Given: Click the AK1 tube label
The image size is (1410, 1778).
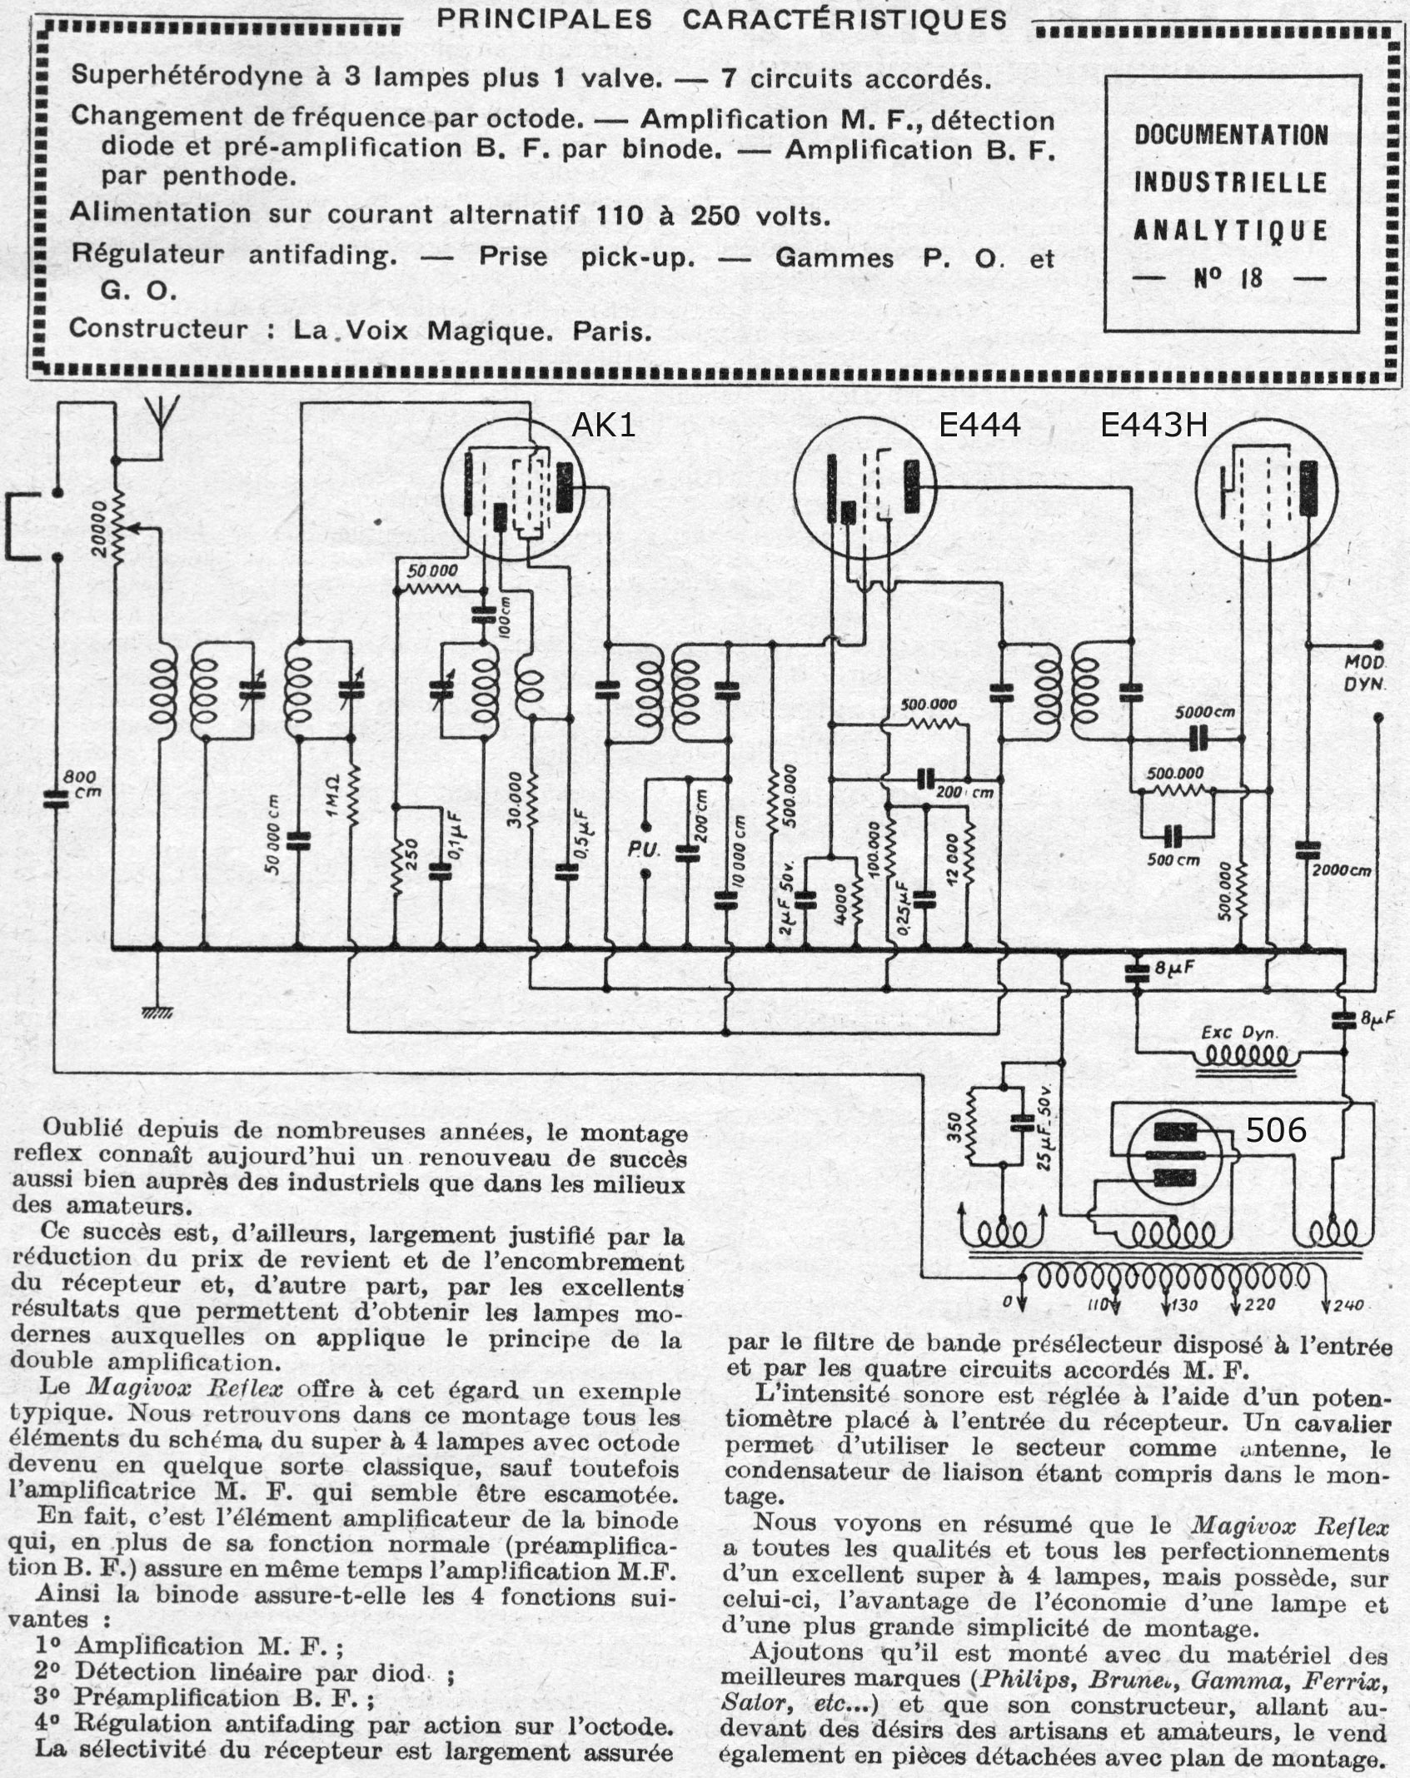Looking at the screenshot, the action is pyautogui.click(x=603, y=426).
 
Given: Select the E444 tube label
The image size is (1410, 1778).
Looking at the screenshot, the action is pyautogui.click(x=979, y=426).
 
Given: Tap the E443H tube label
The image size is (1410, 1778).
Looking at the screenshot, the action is pyautogui.click(x=1153, y=426).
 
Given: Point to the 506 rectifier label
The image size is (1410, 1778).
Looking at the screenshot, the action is pyautogui.click(x=1275, y=1130).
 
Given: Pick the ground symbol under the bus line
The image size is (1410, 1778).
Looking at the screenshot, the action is pyautogui.click(x=157, y=1012).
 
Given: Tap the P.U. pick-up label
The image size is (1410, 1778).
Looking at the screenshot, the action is pyautogui.click(x=645, y=850).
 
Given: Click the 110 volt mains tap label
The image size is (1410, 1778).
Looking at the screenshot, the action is pyautogui.click(x=1099, y=1305).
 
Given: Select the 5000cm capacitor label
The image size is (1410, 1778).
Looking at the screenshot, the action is pyautogui.click(x=1204, y=713).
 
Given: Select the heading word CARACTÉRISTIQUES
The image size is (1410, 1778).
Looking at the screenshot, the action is pyautogui.click(x=845, y=19).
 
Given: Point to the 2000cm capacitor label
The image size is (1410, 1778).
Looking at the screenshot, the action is pyautogui.click(x=1341, y=871).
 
